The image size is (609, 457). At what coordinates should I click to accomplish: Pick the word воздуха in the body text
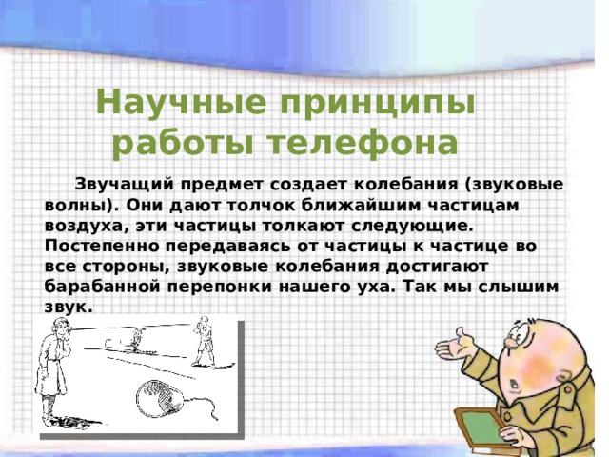[x=80, y=226]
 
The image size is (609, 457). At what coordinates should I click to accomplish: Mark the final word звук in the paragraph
[x=67, y=308]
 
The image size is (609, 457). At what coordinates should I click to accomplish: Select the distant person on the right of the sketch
[x=203, y=343]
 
